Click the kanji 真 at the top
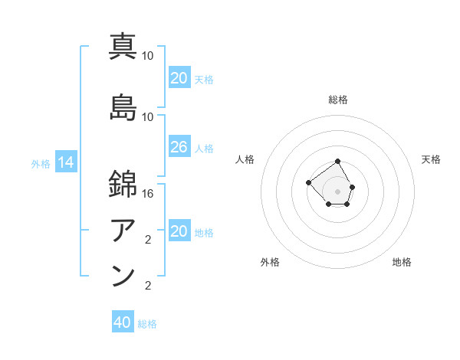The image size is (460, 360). pyautogui.click(x=123, y=46)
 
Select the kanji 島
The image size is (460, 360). pyautogui.click(x=123, y=106)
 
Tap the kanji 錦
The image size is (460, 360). pyautogui.click(x=123, y=184)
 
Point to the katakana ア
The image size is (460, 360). pyautogui.click(x=123, y=229)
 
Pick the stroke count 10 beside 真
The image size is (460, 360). pyautogui.click(x=148, y=56)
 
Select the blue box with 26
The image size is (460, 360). pyautogui.click(x=179, y=147)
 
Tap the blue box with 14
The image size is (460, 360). pyautogui.click(x=66, y=162)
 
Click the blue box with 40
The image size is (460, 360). pyautogui.click(x=123, y=322)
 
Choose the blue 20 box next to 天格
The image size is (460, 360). pyautogui.click(x=179, y=78)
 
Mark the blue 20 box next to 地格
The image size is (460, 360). pyautogui.click(x=179, y=232)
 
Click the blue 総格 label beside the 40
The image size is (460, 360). pyautogui.click(x=147, y=324)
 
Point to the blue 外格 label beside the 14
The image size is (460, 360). pyautogui.click(x=41, y=163)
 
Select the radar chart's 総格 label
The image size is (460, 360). pyautogui.click(x=338, y=100)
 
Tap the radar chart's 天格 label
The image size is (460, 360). pyautogui.click(x=432, y=159)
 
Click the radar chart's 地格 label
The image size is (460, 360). pyautogui.click(x=402, y=262)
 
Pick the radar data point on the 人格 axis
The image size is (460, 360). pyautogui.click(x=308, y=182)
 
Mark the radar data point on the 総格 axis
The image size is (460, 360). pyautogui.click(x=338, y=162)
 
